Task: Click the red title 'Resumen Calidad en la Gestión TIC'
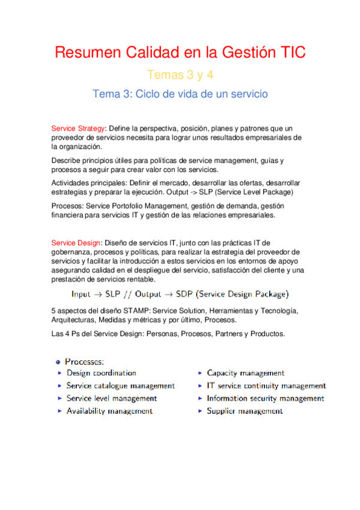coord(180,52)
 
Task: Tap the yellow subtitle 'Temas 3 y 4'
coord(180,75)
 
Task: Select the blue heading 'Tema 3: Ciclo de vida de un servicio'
coord(180,94)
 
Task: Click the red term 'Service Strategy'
coord(79,128)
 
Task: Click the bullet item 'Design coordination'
coord(101,373)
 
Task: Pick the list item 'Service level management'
coord(111,398)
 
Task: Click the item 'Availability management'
coord(109,411)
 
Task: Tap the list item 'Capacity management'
coord(245,373)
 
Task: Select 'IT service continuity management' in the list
coord(266,386)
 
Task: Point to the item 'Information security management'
coord(265,398)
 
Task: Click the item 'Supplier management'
coord(245,411)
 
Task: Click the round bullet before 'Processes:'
coord(58,361)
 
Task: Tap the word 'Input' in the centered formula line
coord(81,294)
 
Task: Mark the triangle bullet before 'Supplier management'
coord(200,411)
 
